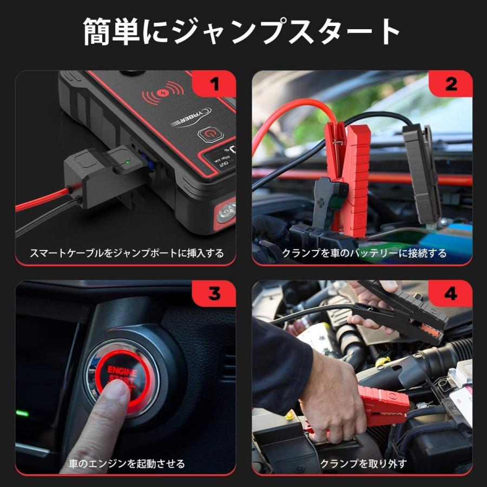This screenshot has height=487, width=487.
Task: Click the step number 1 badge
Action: tap(215, 84)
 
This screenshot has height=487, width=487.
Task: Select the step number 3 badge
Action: tap(215, 294)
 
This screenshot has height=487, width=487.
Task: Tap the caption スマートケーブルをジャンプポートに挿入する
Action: tap(126, 253)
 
